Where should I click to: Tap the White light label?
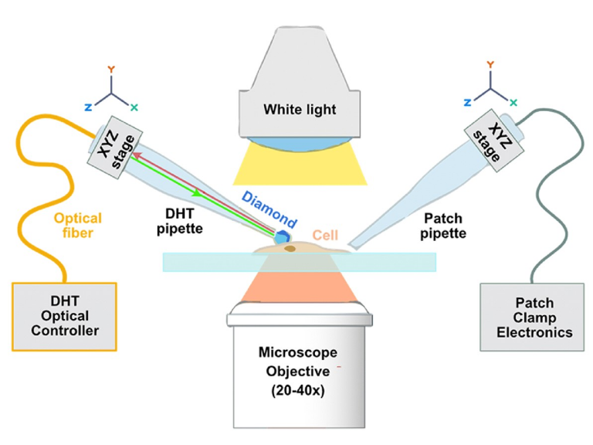(300, 110)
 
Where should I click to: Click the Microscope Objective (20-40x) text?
(296, 370)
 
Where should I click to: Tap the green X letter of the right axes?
(514, 101)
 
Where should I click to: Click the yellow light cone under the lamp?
(300, 166)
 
